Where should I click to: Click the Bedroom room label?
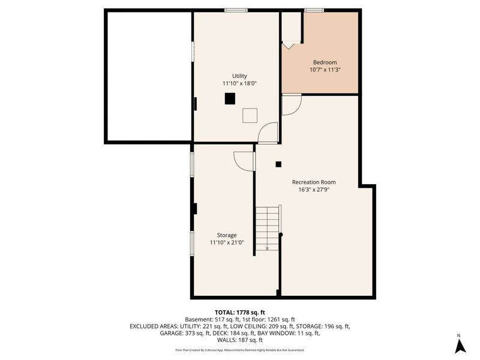pyautogui.click(x=325, y=62)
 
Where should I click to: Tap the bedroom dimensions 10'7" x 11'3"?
pyautogui.click(x=325, y=70)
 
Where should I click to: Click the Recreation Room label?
pyautogui.click(x=313, y=182)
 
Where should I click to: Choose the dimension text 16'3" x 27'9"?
pyautogui.click(x=313, y=190)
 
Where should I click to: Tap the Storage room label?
pyautogui.click(x=227, y=235)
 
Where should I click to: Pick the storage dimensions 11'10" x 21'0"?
pyautogui.click(x=227, y=243)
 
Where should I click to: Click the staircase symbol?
pyautogui.click(x=268, y=227)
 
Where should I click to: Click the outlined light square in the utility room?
pyautogui.click(x=250, y=115)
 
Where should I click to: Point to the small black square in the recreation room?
pyautogui.click(x=278, y=163)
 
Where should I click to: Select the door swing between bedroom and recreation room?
pyautogui.click(x=290, y=106)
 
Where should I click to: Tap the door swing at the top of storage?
pyautogui.click(x=244, y=161)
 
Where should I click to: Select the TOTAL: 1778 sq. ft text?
pyautogui.click(x=240, y=312)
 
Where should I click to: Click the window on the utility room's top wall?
pyautogui.click(x=236, y=10)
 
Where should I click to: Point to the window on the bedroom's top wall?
pyautogui.click(x=314, y=10)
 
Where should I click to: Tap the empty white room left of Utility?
pyautogui.click(x=149, y=76)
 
